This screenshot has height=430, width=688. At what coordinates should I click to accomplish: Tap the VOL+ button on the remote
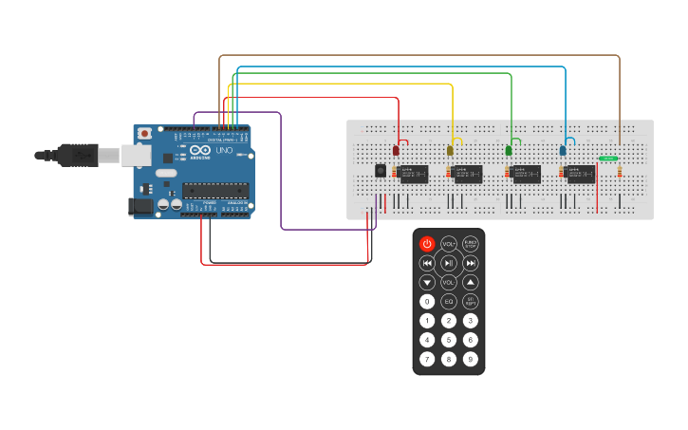pos(449,244)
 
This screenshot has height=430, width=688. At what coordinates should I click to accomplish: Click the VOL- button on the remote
pos(449,282)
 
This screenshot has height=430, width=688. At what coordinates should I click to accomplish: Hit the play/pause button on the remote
pos(449,263)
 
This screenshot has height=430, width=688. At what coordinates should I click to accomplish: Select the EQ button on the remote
pos(449,301)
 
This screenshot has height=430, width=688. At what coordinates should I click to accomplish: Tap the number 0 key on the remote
pos(427,301)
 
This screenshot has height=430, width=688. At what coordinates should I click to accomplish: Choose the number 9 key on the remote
pos(470,359)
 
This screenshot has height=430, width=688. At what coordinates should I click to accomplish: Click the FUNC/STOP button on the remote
pos(470,244)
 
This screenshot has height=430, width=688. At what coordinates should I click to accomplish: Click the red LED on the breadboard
pos(396,150)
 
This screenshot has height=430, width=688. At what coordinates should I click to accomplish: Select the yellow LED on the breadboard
pos(450,150)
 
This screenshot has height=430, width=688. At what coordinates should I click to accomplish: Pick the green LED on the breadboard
pos(509,150)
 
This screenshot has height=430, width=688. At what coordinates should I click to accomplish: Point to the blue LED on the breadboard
pos(563,150)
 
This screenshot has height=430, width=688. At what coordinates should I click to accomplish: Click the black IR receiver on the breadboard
pos(381,171)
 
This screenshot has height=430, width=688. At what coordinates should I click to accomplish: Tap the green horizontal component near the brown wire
pos(608,159)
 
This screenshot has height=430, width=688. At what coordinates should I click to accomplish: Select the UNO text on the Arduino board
pos(224,151)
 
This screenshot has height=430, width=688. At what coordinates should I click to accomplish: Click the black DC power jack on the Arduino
pos(139,205)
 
